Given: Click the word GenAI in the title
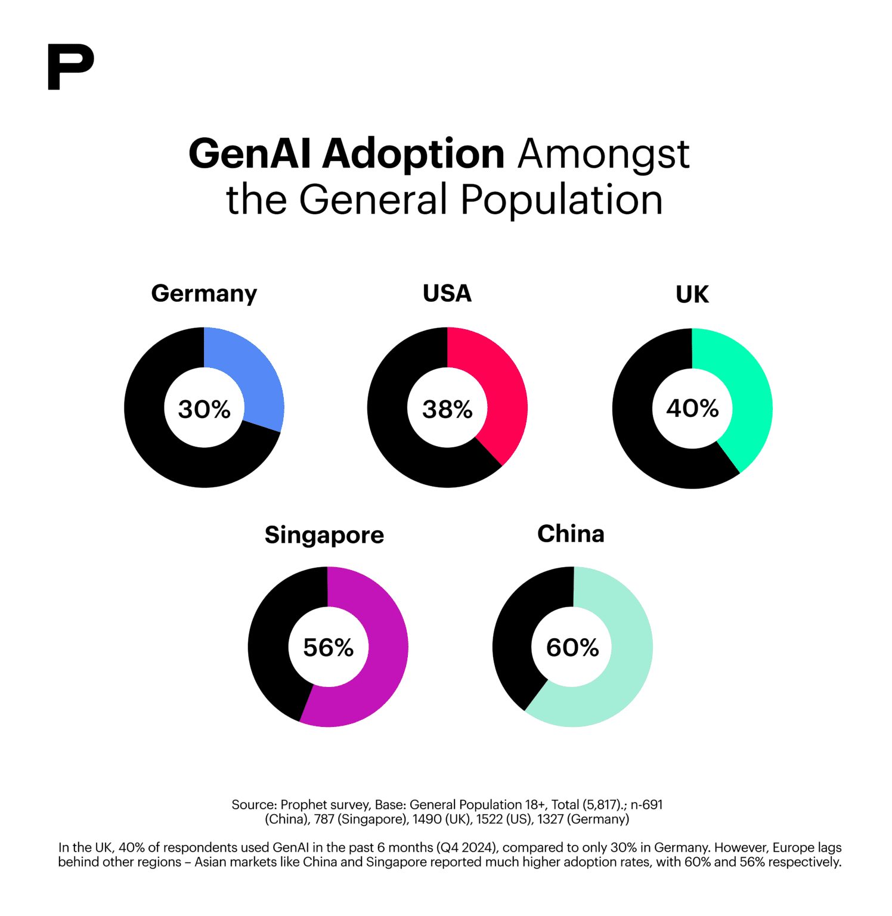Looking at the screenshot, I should click(250, 154).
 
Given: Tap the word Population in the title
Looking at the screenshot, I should click(561, 200).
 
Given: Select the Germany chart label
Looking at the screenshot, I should click(204, 294).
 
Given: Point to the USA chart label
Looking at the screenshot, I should click(447, 293).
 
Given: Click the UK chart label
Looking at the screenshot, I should click(692, 295).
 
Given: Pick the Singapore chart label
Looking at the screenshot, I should click(324, 535).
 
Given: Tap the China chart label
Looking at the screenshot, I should click(571, 534).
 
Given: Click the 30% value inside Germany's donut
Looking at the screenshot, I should click(204, 409).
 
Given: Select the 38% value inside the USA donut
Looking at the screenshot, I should click(447, 409).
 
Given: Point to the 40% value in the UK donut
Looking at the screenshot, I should click(692, 409).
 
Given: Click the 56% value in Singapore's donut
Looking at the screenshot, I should click(328, 648).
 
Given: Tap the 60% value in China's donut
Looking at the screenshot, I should click(572, 648).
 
